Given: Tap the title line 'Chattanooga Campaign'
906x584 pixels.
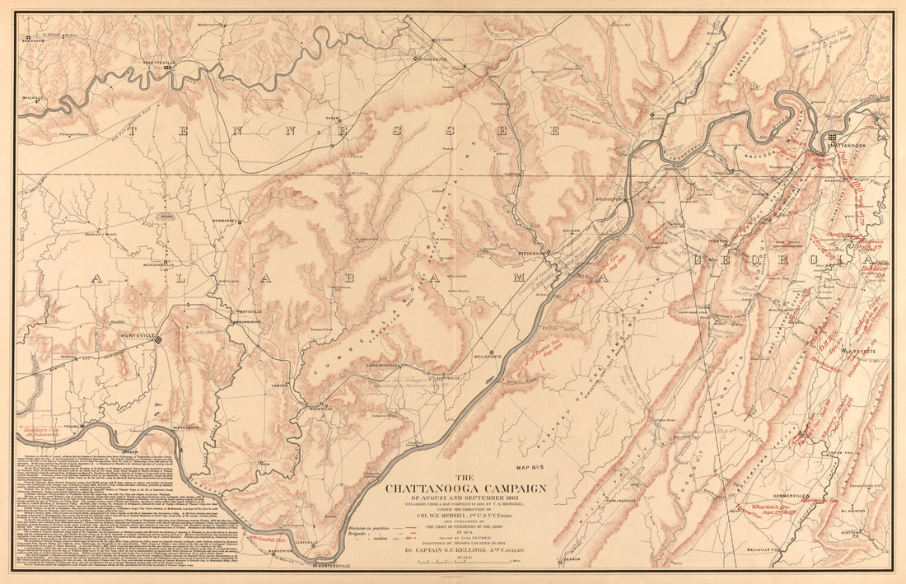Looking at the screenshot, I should [466, 488].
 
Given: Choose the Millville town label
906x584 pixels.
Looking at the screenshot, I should [32, 97].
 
